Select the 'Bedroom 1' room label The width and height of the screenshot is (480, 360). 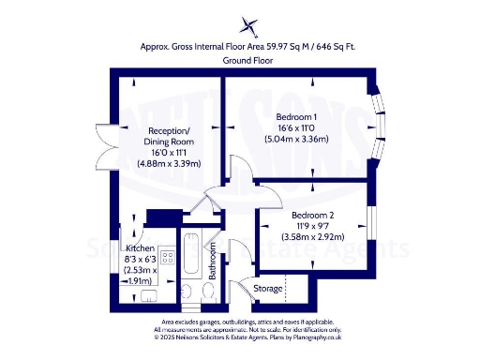[x=295, y=116]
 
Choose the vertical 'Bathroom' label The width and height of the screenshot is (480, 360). [x=214, y=262]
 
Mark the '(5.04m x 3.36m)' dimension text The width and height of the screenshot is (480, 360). [x=295, y=140]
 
